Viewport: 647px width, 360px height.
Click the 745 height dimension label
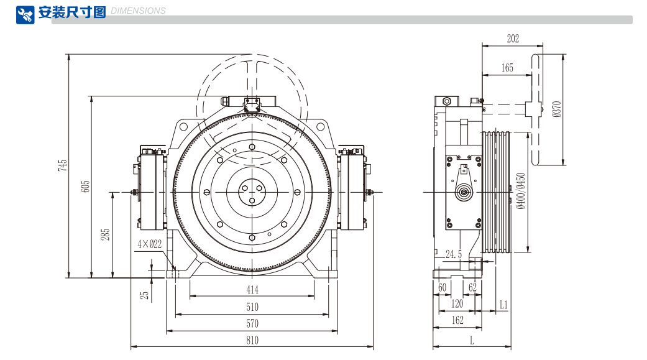point(62,165)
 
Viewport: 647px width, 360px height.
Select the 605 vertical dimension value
point(85,187)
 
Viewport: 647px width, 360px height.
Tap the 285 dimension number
point(106,234)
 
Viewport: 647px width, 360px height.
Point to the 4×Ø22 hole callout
point(149,244)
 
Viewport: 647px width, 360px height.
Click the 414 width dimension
point(252,290)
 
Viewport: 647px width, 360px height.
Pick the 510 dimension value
point(252,307)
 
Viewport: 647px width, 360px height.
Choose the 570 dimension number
point(252,323)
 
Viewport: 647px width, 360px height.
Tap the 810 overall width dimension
point(252,340)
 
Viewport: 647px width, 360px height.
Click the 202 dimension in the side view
point(513,39)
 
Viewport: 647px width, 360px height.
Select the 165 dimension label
point(507,68)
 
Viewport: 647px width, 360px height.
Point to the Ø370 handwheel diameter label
point(556,109)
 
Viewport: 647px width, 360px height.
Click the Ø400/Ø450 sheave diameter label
point(521,191)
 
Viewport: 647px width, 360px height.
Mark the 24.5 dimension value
point(454,254)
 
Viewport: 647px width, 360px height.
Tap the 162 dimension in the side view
point(457,320)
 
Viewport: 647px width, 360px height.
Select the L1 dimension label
point(503,305)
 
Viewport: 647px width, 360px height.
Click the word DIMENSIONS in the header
point(138,11)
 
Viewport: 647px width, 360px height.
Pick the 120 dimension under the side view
point(457,304)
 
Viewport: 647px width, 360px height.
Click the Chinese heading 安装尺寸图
point(72,12)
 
